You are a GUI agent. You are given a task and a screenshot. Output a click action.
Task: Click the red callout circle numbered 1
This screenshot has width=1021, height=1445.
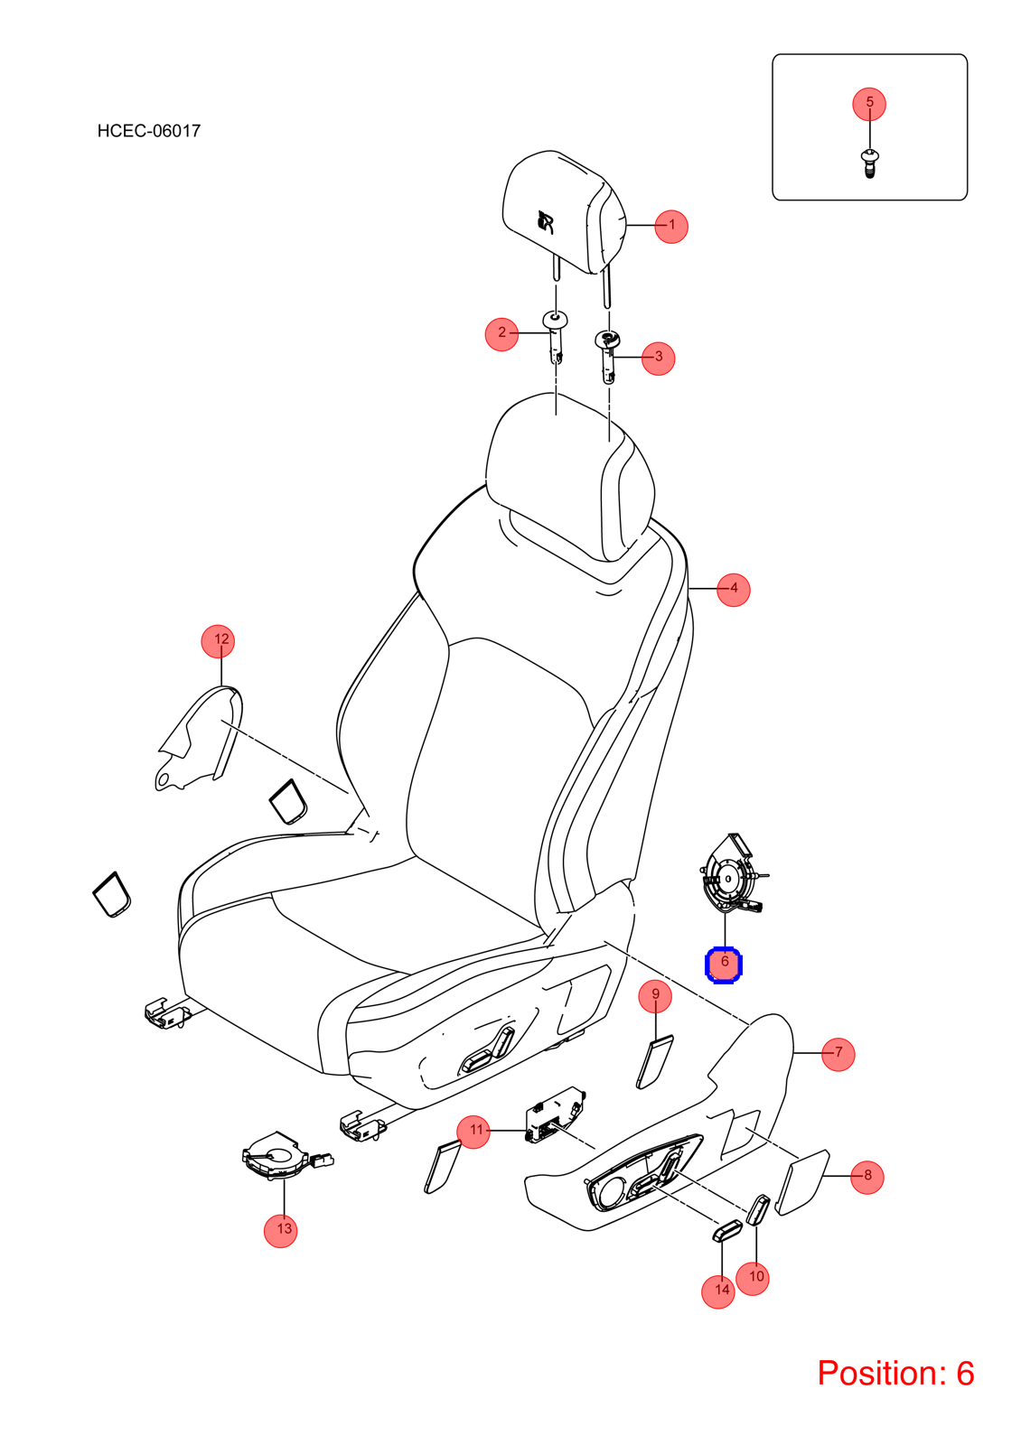point(671,227)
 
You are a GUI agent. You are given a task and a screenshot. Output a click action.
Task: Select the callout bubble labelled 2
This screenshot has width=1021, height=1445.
point(501,334)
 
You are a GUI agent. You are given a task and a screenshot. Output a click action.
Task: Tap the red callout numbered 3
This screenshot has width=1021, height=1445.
point(659,359)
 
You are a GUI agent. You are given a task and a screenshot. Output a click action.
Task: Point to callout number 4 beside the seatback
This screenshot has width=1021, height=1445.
point(734,590)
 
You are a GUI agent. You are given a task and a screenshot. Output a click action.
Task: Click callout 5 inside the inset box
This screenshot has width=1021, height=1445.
point(869,104)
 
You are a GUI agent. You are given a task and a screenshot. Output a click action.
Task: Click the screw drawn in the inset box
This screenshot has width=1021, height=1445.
point(869,163)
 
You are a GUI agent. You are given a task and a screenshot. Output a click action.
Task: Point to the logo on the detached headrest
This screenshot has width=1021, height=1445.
point(546,222)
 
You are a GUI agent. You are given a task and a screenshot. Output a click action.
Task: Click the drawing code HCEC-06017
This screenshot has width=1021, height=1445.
point(149,131)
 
